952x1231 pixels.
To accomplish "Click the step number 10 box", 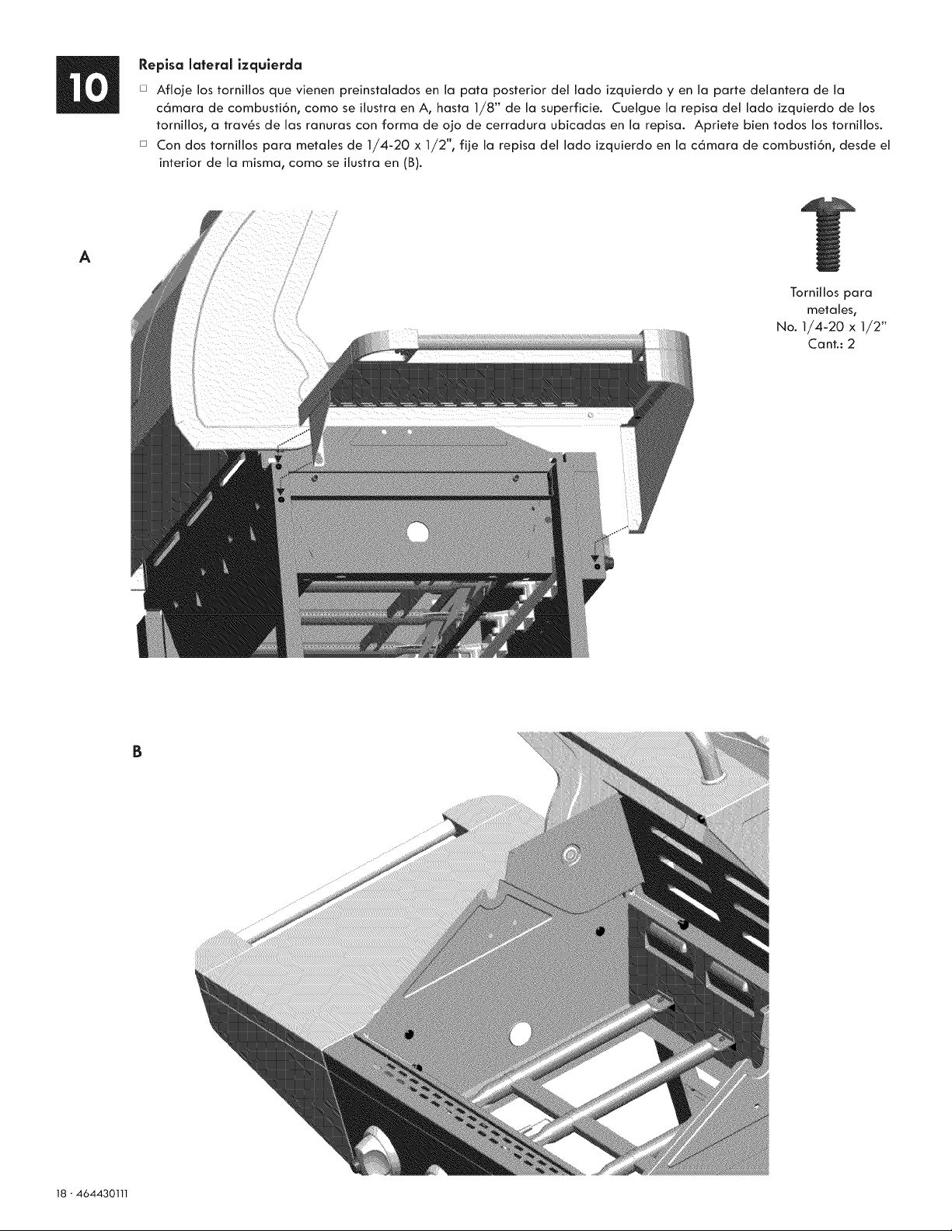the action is pyautogui.click(x=88, y=85).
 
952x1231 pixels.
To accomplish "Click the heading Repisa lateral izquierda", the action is pyautogui.click(x=221, y=64).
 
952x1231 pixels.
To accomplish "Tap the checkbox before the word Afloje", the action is pyautogui.click(x=143, y=89).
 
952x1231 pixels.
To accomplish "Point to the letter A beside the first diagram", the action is pyautogui.click(x=85, y=257).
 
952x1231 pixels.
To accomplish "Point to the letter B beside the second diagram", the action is pyautogui.click(x=135, y=752).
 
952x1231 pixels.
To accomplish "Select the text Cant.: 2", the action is pyautogui.click(x=832, y=344).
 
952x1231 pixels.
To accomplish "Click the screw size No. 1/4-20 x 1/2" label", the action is pyautogui.click(x=832, y=327).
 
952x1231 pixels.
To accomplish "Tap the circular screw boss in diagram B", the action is pyautogui.click(x=571, y=854).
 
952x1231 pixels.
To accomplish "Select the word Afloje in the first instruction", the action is pyautogui.click(x=175, y=90).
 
